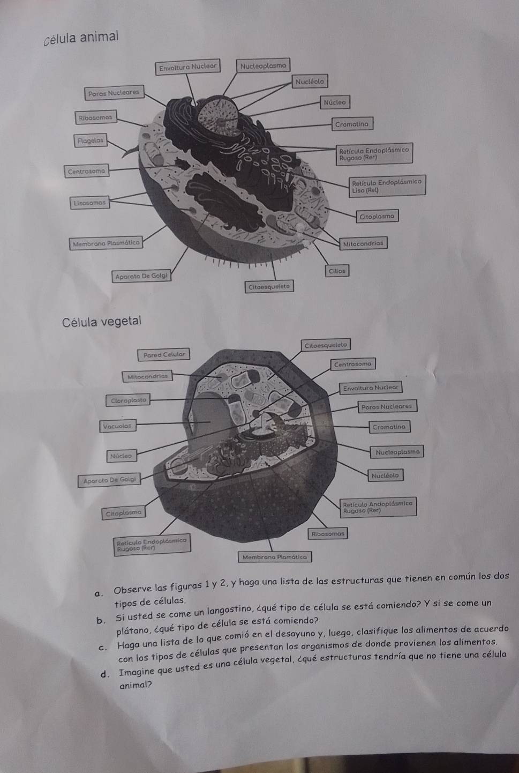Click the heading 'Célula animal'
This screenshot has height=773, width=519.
[x=81, y=38]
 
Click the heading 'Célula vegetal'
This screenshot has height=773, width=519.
[x=102, y=322]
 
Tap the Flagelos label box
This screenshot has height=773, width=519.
[x=91, y=140]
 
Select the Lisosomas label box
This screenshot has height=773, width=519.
[x=89, y=203]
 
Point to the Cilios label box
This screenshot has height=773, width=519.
[x=337, y=271]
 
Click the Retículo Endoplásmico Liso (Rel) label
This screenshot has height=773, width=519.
[x=387, y=186]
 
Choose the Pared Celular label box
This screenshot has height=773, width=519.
[x=164, y=354]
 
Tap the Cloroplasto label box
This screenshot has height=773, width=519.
[x=128, y=400]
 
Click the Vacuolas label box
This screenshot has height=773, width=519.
[x=117, y=426]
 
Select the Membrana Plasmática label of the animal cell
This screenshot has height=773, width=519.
[x=106, y=243]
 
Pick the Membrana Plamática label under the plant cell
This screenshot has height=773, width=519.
[x=275, y=556]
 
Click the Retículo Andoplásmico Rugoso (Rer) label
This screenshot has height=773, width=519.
[x=378, y=507]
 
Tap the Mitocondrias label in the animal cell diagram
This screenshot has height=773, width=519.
[x=363, y=243]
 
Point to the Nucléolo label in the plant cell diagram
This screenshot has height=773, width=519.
[x=385, y=475]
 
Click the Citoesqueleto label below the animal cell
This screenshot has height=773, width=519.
[x=269, y=286]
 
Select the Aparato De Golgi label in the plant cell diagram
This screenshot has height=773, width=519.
[x=110, y=480]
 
